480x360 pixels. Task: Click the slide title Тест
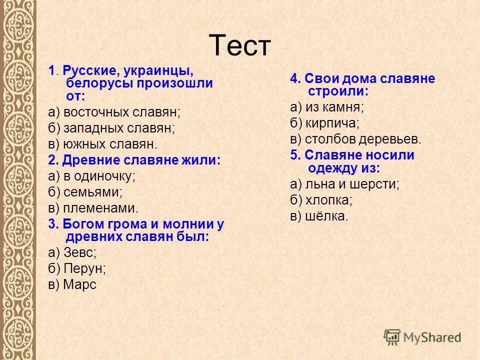coord(239,46)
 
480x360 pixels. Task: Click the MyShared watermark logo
coord(422,336)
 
